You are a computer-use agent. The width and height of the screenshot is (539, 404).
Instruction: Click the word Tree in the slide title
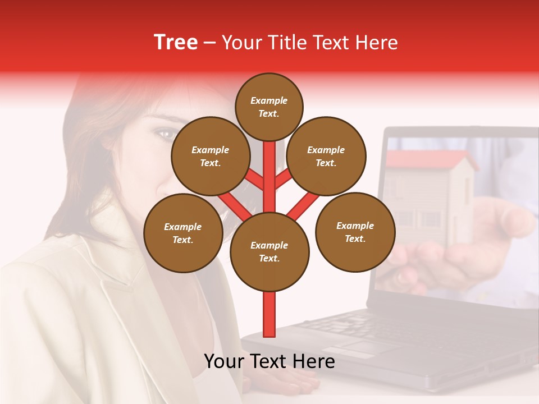tap(176, 42)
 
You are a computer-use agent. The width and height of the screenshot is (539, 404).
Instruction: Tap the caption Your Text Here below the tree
tap(269, 361)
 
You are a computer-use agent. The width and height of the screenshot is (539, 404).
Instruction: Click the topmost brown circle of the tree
tap(269, 107)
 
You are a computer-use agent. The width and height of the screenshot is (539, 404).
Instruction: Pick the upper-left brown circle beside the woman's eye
tap(210, 156)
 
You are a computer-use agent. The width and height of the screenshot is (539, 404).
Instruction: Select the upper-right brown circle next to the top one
tap(326, 156)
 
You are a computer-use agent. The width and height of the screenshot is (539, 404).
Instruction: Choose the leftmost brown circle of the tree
tap(183, 233)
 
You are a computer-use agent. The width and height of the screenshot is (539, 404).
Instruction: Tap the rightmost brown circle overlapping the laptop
tap(355, 232)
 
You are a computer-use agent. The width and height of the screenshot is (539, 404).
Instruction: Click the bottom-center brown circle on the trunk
tap(269, 251)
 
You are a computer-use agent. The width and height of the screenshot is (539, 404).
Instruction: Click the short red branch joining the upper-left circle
tap(254, 180)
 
